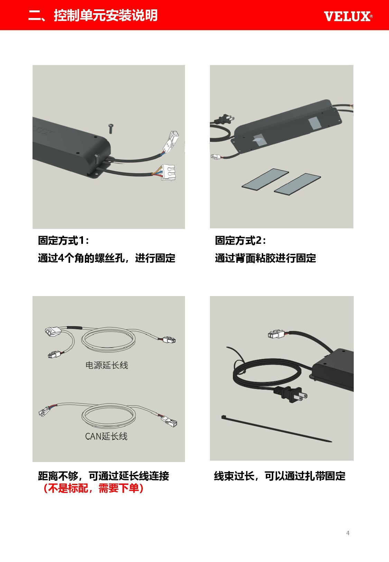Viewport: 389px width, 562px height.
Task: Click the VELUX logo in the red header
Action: [x=348, y=16]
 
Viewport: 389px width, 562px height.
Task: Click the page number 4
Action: [x=348, y=533]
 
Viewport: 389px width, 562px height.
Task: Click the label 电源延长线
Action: [x=106, y=365]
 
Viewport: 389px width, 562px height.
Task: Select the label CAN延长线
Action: [x=106, y=436]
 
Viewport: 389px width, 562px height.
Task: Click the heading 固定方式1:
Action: [x=64, y=240]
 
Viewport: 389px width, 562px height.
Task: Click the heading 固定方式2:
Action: [x=241, y=240]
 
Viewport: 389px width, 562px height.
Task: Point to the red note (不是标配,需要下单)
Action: [x=93, y=488]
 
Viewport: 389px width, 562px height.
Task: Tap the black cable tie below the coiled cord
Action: [x=276, y=429]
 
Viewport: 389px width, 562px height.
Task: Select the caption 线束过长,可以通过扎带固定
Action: [x=280, y=476]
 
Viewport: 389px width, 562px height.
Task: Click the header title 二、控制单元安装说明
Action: [x=93, y=15]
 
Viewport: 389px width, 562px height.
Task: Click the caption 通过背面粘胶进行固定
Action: [x=265, y=258]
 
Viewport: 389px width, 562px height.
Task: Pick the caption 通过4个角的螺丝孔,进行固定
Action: [x=106, y=258]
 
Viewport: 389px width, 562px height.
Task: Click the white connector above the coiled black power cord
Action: [x=276, y=334]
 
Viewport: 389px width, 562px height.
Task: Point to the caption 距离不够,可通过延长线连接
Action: [x=104, y=476]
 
